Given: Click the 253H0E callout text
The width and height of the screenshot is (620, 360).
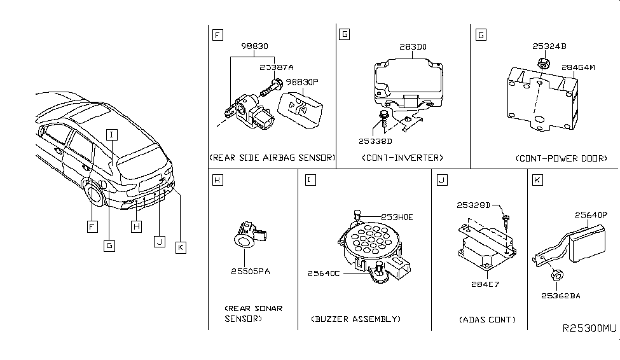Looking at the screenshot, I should (397, 217).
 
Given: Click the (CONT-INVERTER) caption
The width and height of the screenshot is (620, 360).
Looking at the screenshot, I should (402, 157).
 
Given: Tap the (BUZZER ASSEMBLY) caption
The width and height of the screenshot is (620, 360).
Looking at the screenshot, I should (355, 319).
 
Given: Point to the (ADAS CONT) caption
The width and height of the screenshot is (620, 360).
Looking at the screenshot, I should (487, 319).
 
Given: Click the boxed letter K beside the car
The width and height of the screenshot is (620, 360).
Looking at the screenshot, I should (181, 247).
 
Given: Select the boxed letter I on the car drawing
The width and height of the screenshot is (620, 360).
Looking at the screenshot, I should (112, 134).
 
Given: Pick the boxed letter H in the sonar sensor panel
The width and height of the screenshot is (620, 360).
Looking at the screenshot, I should (217, 180).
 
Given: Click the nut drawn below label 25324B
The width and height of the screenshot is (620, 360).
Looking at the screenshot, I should (542, 63).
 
